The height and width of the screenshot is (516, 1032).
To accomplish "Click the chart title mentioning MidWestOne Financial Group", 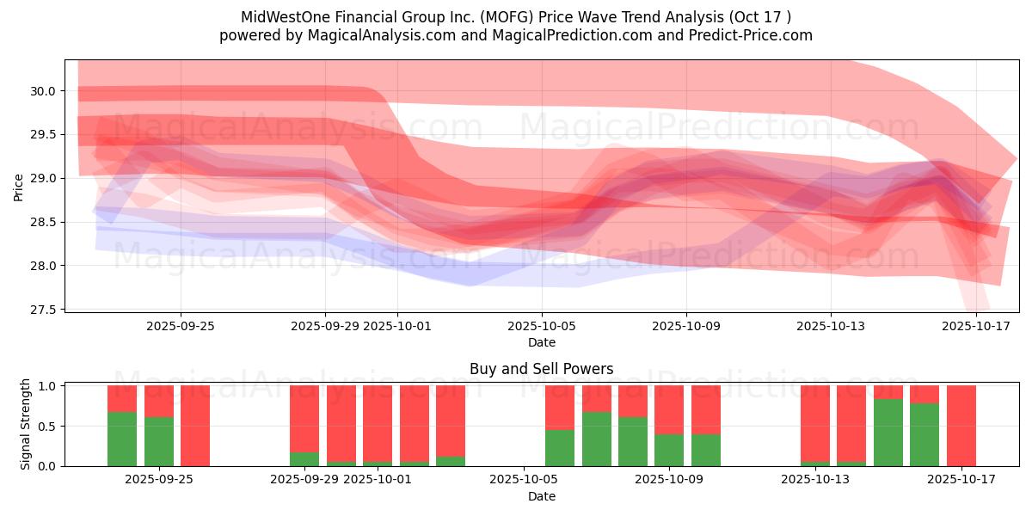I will [x=515, y=16].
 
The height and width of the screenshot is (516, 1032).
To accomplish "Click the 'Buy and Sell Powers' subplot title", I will [x=541, y=369].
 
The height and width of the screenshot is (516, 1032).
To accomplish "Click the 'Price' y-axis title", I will [x=19, y=186].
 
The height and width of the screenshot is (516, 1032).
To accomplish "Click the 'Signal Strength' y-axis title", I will [x=26, y=424].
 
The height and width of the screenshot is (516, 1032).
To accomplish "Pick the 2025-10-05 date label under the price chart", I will [x=542, y=326].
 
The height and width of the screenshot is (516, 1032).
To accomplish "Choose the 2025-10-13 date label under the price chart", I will [x=831, y=326].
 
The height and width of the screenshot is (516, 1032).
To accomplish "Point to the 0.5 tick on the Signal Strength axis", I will [x=48, y=426].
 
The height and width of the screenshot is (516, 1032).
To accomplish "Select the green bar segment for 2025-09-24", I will [x=122, y=439].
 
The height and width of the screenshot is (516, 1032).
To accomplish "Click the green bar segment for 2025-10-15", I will [x=888, y=432].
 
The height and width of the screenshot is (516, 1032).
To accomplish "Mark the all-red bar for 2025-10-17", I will [x=961, y=426].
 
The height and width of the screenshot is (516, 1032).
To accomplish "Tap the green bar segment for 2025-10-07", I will [x=597, y=439].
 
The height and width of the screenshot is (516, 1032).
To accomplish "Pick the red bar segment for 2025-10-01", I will [x=378, y=423].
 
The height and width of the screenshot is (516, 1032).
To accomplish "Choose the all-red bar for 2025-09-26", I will [x=195, y=426].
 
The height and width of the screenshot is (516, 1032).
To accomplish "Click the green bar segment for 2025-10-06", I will [x=560, y=447].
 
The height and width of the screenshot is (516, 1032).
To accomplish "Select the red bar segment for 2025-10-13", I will [x=815, y=423].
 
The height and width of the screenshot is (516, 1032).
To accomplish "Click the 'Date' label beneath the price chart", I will [x=542, y=342].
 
